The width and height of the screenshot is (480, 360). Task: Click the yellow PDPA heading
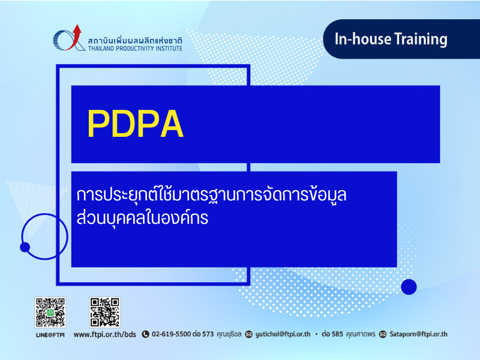tap(136, 124)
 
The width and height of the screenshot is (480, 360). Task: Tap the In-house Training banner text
tap(391, 39)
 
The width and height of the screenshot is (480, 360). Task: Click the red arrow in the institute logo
tap(76, 37)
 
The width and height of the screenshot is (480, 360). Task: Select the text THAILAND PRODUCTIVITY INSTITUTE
tap(135, 49)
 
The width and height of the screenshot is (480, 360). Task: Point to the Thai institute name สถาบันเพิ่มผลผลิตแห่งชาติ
tap(135, 40)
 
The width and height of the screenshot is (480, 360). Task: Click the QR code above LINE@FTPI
tap(50, 312)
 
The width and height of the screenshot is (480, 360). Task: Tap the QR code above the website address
tap(104, 312)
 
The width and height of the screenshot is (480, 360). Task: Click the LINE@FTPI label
tap(50, 335)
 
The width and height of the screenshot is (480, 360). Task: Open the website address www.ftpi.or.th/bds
tap(104, 334)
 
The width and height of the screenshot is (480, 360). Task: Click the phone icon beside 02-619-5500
tap(145, 334)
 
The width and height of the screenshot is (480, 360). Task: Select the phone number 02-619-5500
tap(172, 334)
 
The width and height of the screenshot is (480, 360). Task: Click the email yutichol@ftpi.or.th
tap(283, 334)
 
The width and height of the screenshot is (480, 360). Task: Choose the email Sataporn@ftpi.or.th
tap(418, 334)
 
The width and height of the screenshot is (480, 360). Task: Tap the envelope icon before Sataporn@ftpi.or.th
tap(383, 334)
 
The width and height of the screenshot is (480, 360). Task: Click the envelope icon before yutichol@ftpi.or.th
tap(249, 334)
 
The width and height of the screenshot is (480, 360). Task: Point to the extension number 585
tap(337, 334)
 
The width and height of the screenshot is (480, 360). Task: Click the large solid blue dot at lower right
tap(409, 287)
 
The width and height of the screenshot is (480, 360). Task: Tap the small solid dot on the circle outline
tap(25, 247)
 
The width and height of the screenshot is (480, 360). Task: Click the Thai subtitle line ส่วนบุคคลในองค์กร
tap(142, 218)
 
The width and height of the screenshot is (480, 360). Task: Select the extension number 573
tap(208, 334)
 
